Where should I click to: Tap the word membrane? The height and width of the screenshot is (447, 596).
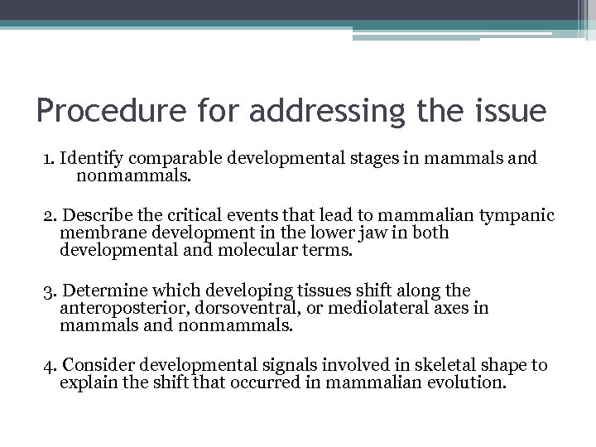pos(97,233)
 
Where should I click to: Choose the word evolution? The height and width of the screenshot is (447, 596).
pos(469,382)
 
